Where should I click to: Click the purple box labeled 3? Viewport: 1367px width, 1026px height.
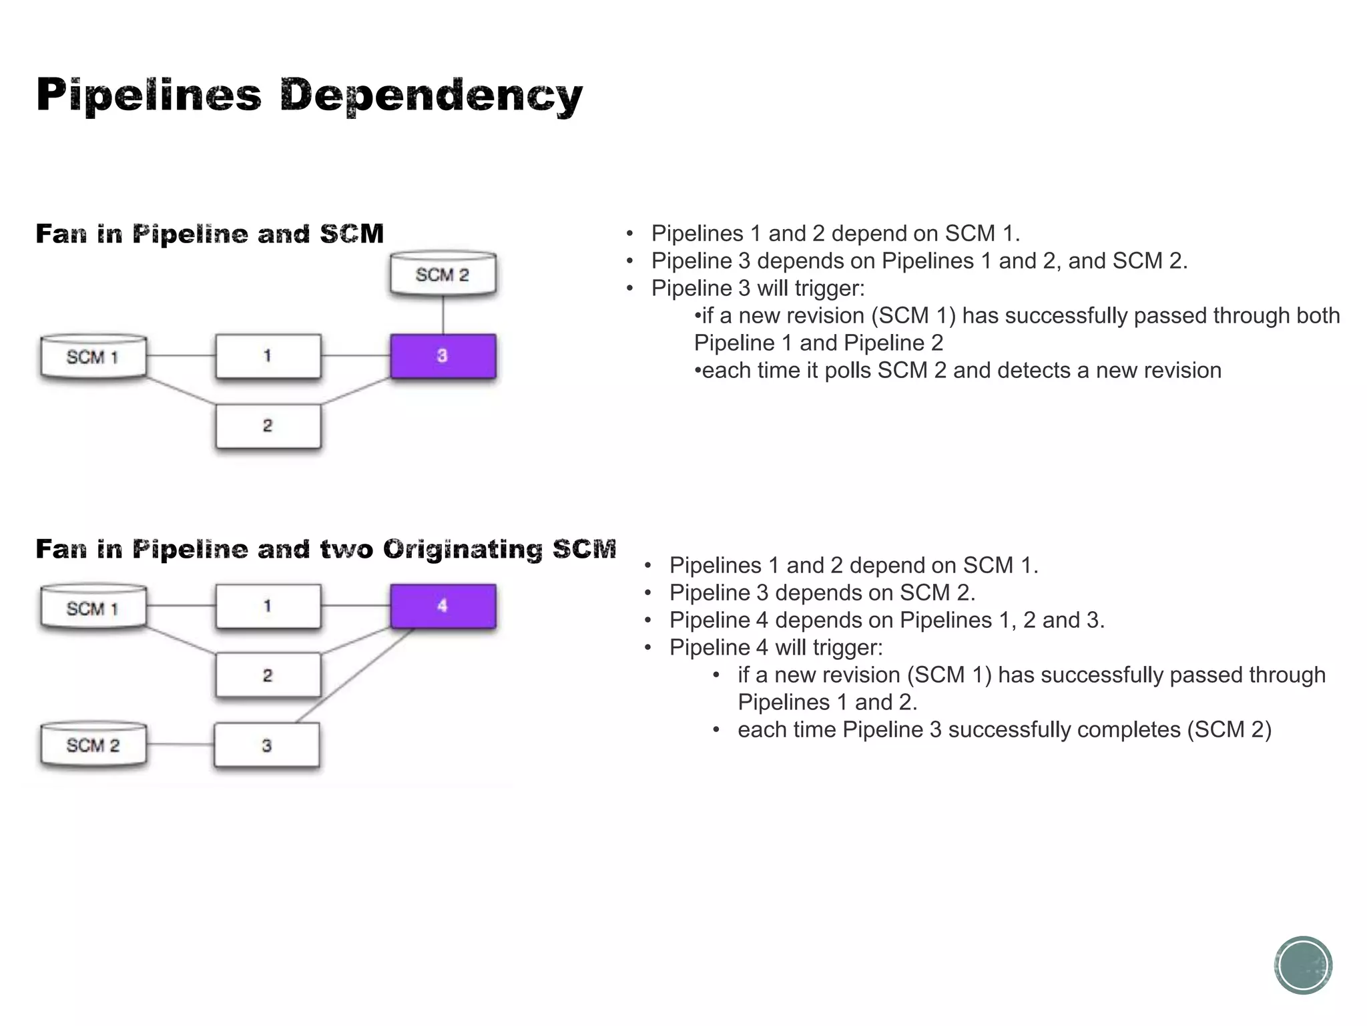[443, 356]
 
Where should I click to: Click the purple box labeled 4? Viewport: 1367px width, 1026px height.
[443, 606]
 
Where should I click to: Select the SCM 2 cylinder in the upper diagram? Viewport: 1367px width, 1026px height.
[443, 274]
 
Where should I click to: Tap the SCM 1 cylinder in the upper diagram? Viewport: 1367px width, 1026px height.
[93, 357]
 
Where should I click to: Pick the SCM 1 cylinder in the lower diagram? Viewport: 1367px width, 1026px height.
[93, 608]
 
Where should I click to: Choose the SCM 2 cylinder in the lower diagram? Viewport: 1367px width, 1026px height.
[93, 745]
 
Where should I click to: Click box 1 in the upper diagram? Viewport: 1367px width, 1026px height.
[268, 356]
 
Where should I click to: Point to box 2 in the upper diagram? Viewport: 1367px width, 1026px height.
[268, 426]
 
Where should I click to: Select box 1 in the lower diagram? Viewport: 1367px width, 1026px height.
[268, 606]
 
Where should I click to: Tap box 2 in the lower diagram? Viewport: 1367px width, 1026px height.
[268, 675]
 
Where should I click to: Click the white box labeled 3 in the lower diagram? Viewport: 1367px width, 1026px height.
[266, 745]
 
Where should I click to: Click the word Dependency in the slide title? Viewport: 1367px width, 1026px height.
[431, 96]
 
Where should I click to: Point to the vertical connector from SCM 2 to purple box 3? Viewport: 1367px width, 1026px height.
[443, 315]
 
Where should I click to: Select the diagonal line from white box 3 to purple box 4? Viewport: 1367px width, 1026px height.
[354, 675]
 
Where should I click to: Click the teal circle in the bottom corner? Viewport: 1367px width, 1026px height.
[1303, 965]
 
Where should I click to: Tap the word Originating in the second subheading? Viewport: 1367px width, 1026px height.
[463, 549]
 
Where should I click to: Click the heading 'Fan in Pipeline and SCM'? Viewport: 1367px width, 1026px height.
[210, 234]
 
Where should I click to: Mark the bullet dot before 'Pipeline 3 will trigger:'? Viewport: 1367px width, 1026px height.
[629, 289]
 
